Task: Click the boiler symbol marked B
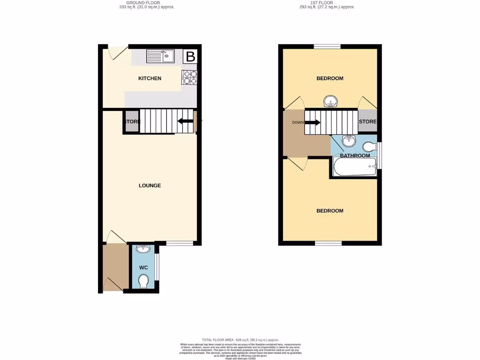[x=190, y=57]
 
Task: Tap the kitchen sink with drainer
[x=160, y=57]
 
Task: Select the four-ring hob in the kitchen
[x=190, y=77]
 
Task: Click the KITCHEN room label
[x=150, y=78]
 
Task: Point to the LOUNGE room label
[x=150, y=186]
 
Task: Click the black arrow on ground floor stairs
[x=185, y=122]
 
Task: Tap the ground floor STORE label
[x=132, y=122]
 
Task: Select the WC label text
[x=144, y=268]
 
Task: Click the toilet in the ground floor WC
[x=144, y=281]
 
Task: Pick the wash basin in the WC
[x=144, y=249]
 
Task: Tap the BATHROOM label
[x=355, y=156]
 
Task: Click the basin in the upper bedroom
[x=331, y=101]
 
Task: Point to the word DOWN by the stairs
[x=298, y=123]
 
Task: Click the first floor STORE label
[x=367, y=122]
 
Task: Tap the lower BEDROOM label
[x=330, y=211]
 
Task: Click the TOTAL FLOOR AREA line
[x=240, y=340]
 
